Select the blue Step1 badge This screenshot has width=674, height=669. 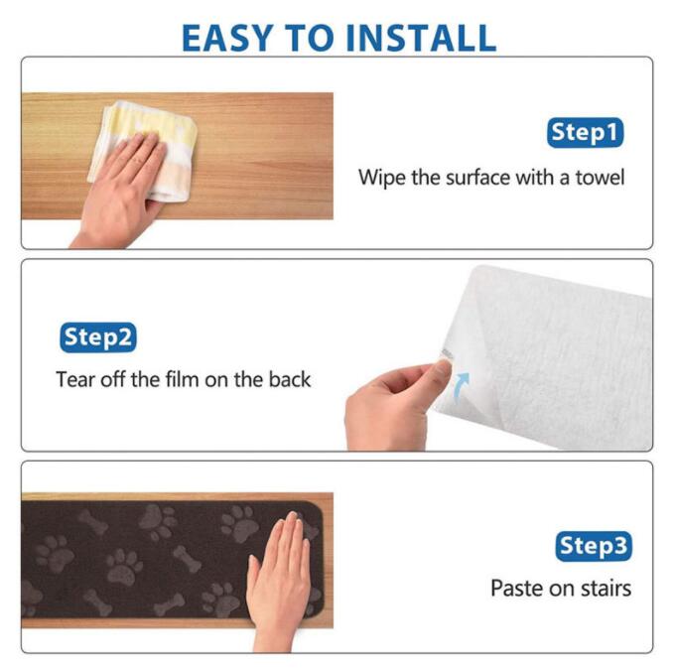click(x=585, y=132)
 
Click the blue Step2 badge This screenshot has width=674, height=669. click(x=98, y=337)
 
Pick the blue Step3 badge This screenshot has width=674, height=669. click(x=594, y=547)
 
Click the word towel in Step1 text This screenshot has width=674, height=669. click(x=600, y=178)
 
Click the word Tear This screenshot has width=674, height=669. click(x=75, y=379)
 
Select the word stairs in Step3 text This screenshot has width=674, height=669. click(x=607, y=589)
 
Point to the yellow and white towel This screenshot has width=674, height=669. click(x=144, y=151)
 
